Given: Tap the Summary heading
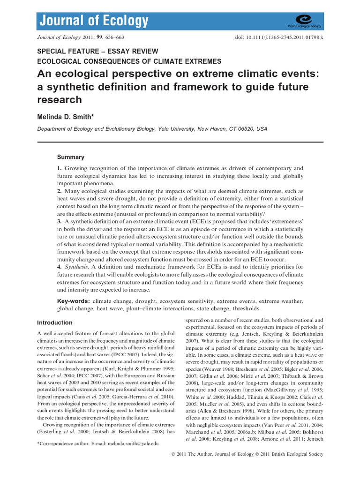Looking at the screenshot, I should tap(71, 157).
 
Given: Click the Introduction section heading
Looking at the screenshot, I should tap(55, 322).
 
